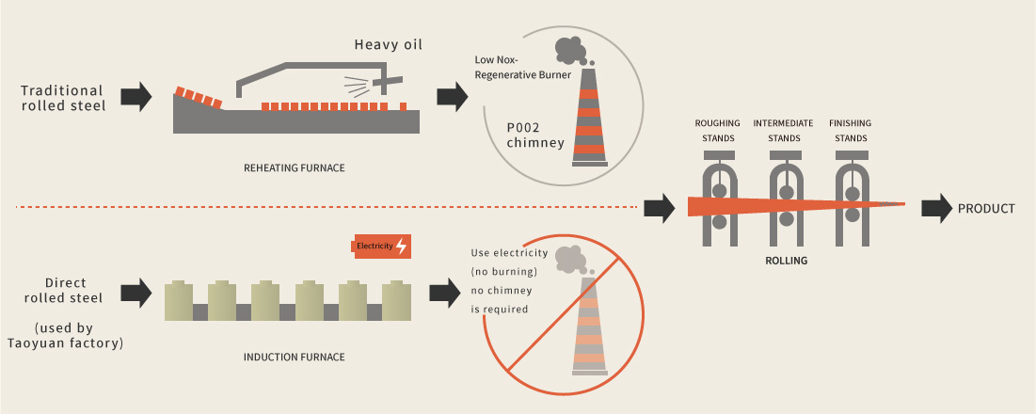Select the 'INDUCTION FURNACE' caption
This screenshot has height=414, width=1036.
pos(294,357)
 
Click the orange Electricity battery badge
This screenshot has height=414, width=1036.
pos(380,247)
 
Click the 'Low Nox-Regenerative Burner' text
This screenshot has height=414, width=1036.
pos(523,68)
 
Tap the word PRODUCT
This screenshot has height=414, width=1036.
pos(986,208)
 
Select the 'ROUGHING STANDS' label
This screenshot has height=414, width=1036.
pos(717,130)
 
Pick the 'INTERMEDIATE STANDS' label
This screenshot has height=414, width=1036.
pos(784,130)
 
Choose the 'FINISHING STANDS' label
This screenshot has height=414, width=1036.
pos(850,130)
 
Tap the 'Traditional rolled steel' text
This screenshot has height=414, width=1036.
pos(63,98)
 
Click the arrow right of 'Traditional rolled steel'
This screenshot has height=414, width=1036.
pos(137,95)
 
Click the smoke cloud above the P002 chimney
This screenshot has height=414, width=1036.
pos(570,49)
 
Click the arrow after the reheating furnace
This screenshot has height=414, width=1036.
pos(454,95)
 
